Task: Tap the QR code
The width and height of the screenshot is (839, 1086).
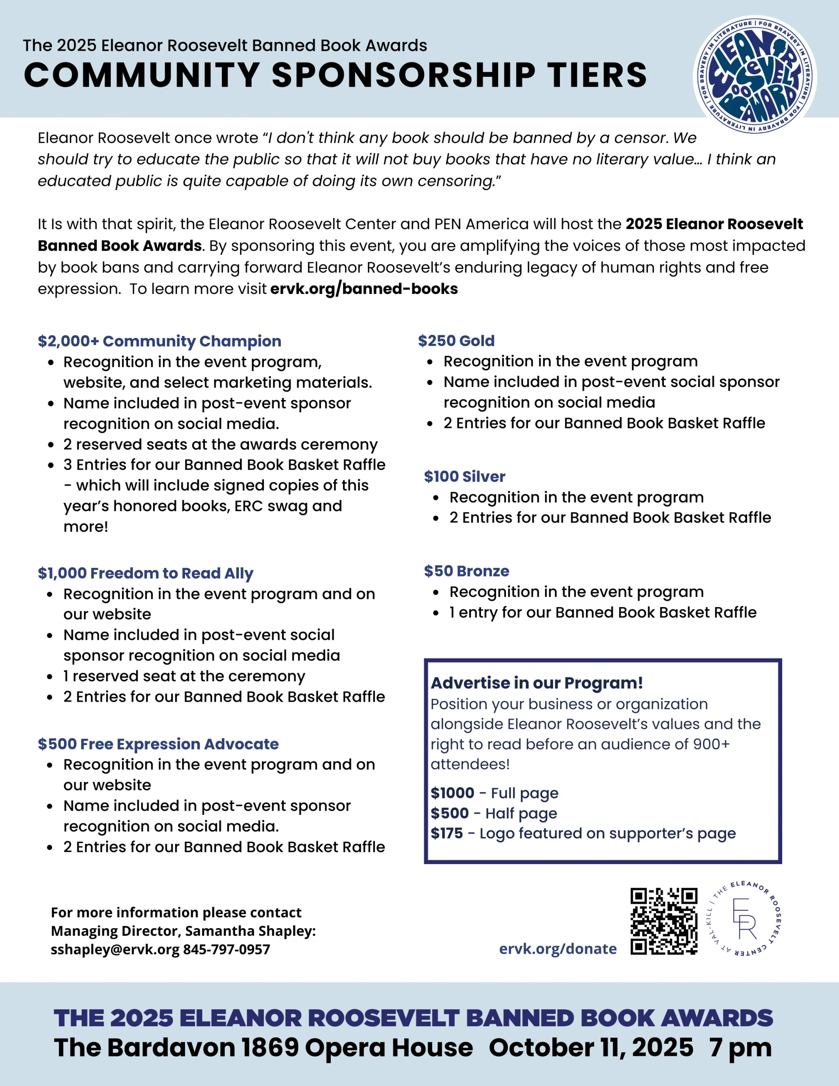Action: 664,921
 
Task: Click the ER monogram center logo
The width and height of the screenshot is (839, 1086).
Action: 744,919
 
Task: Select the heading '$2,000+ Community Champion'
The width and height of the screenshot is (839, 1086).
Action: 159,341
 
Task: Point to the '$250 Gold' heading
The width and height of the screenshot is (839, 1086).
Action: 456,341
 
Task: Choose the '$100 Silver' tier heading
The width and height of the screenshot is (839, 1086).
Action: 464,476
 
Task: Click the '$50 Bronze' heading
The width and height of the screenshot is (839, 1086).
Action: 467,571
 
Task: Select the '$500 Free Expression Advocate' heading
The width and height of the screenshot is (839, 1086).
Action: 158,744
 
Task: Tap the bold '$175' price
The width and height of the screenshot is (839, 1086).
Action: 447,834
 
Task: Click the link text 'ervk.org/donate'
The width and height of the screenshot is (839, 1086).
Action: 557,949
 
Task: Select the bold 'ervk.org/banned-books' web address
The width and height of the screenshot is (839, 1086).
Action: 364,289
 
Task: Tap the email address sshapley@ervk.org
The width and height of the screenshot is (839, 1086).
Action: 115,949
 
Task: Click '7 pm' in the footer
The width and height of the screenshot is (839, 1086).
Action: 741,1047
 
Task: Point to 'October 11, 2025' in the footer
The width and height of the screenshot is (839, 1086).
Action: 591,1047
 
